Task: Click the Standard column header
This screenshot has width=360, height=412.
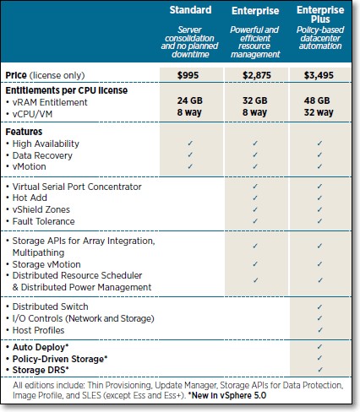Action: tap(190, 10)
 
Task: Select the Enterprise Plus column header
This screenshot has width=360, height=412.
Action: tap(320, 14)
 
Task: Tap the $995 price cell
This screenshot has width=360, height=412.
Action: tap(188, 75)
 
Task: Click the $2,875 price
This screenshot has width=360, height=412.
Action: tap(257, 75)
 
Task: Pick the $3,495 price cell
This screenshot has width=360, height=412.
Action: tap(319, 75)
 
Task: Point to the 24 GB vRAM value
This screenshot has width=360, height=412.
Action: tap(190, 100)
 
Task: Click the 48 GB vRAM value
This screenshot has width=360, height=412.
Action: tap(317, 100)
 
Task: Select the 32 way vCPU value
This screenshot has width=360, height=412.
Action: tap(319, 112)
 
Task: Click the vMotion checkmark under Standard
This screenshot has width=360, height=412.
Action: tap(190, 166)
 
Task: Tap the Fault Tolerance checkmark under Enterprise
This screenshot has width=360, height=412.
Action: tap(255, 221)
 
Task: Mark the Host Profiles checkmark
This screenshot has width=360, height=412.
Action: tap(319, 330)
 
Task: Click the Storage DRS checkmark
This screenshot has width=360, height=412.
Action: tap(319, 370)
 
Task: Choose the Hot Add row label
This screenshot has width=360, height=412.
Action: tap(30, 198)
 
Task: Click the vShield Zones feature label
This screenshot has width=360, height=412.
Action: tap(41, 209)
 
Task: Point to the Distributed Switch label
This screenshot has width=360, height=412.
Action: tap(50, 306)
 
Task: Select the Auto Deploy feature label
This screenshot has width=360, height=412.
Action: tap(41, 347)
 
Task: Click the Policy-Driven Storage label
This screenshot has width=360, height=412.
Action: tap(60, 359)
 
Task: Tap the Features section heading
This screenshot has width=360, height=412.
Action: tap(24, 132)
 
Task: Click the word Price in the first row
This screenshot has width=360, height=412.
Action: tap(16, 75)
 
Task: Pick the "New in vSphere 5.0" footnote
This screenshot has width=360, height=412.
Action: tap(227, 395)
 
